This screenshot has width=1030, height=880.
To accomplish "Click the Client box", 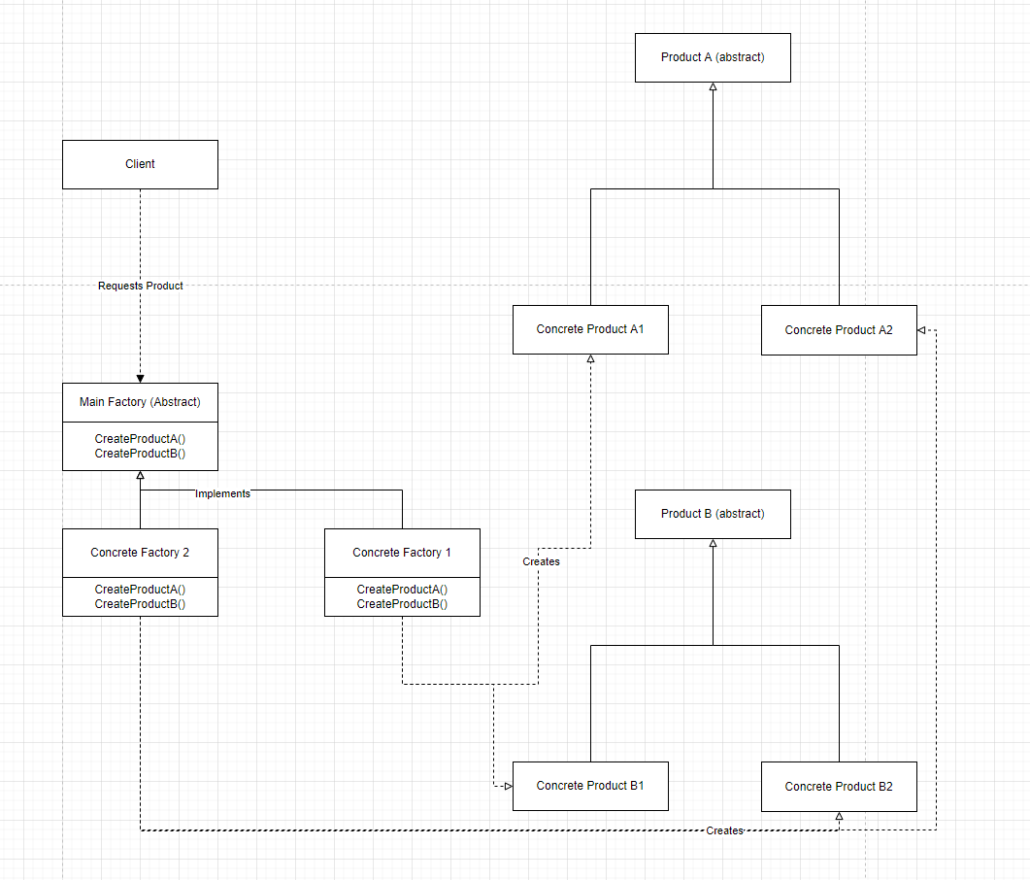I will [x=140, y=164].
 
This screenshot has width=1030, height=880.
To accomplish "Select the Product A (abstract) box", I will [x=713, y=57].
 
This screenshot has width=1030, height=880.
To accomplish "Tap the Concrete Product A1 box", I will [x=590, y=329].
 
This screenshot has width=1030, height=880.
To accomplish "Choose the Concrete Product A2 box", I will [x=839, y=330].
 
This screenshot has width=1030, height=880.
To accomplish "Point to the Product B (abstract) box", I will [x=713, y=514].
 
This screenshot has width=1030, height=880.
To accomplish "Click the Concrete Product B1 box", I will [x=590, y=786].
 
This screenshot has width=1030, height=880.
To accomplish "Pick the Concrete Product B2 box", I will [x=839, y=787].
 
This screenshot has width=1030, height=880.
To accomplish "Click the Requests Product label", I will [x=141, y=286].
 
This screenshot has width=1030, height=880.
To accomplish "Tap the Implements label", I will [x=222, y=493].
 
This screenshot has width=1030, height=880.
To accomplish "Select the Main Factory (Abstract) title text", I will [x=140, y=402].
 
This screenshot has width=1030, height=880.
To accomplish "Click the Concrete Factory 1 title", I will [x=402, y=553].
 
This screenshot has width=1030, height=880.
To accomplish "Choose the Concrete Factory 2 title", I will [x=140, y=553].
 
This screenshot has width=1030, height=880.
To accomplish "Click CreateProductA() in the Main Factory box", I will [x=140, y=439].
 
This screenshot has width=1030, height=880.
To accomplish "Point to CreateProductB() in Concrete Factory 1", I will [x=402, y=604].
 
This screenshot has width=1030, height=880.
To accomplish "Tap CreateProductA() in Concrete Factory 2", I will [x=140, y=590].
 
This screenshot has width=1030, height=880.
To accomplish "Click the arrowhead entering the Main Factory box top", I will [x=140, y=378].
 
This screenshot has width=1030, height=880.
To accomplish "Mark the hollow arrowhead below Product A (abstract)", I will [x=713, y=87].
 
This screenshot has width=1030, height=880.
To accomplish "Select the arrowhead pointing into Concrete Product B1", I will [x=507, y=786].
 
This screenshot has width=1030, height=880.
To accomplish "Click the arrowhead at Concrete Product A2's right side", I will [x=922, y=330].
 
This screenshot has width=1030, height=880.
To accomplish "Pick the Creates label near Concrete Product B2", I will [x=724, y=830].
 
